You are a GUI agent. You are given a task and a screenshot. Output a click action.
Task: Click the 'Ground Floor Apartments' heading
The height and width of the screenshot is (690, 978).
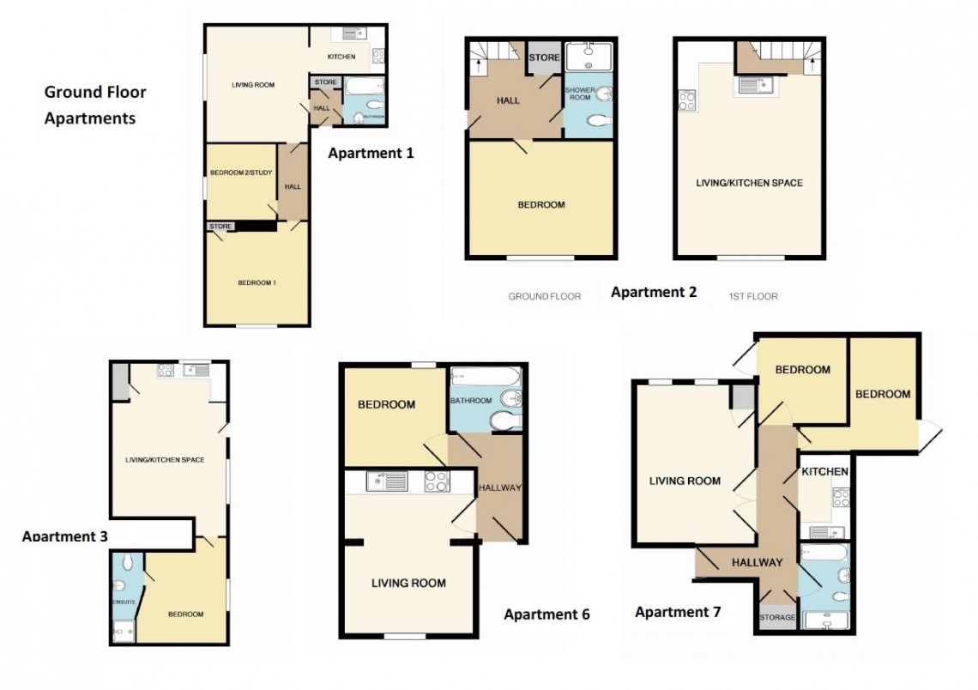click(x=95, y=105)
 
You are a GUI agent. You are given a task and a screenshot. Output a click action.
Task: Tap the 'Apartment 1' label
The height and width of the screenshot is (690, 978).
click(x=371, y=154)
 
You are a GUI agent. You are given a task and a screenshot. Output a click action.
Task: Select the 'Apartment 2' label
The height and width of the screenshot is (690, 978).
click(x=654, y=292)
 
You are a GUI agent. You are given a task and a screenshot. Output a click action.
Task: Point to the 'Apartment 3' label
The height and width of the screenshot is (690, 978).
click(x=65, y=536)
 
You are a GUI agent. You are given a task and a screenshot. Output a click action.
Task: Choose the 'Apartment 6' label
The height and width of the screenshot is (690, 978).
click(x=546, y=614)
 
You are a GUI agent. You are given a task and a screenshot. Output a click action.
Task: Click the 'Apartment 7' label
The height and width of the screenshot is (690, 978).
click(x=678, y=612)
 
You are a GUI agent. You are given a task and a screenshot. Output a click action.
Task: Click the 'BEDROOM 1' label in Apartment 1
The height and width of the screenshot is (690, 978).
click(x=257, y=282)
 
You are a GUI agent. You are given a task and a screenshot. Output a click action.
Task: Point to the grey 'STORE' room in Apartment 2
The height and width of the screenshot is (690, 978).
click(x=544, y=58)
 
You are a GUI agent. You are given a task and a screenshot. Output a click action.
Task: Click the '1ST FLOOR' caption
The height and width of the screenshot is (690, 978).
click(x=752, y=297)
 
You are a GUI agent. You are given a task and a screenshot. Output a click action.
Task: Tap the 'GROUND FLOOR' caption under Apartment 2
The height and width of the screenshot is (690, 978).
click(x=544, y=297)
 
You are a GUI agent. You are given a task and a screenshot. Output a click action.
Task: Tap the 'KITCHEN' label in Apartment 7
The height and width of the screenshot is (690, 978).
click(x=824, y=472)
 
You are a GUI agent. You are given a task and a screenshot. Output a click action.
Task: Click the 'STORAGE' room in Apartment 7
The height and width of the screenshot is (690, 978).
click(x=777, y=617)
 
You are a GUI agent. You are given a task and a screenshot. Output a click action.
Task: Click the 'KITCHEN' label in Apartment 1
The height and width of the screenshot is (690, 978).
click(x=341, y=57)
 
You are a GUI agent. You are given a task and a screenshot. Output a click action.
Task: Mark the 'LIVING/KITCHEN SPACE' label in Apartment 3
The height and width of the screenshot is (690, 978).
click(x=165, y=460)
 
